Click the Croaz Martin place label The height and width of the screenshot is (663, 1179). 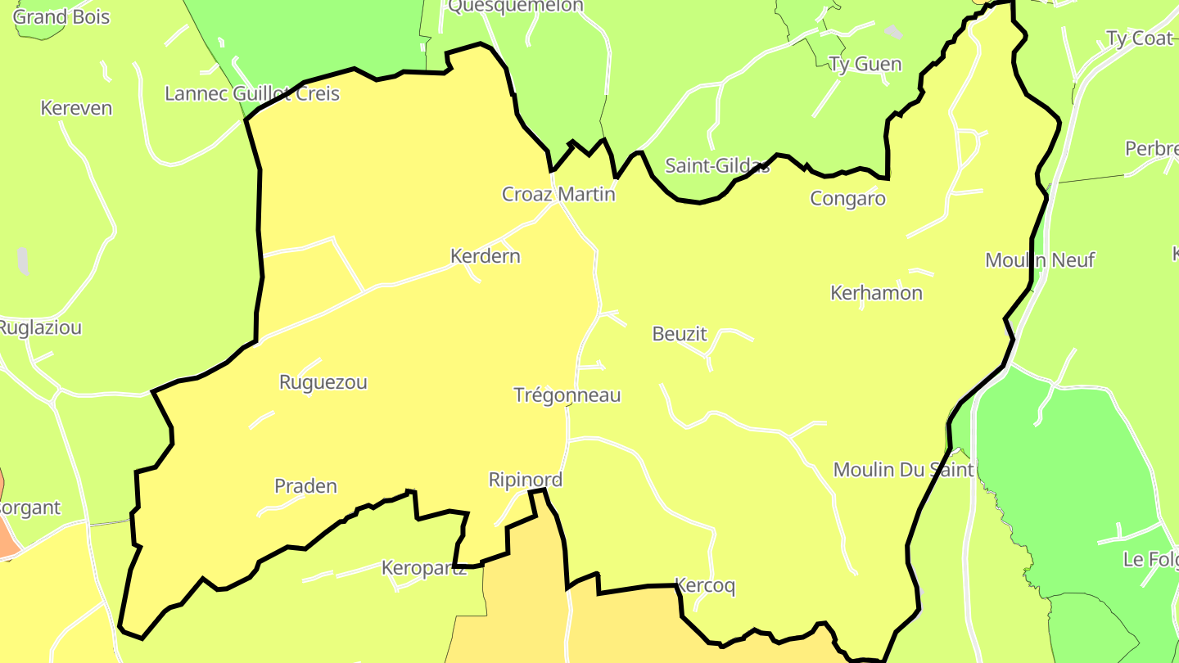point(558,194)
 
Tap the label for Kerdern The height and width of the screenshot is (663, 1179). point(486,256)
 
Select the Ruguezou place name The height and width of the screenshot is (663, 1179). point(323,382)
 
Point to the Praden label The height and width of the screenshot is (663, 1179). point(305,486)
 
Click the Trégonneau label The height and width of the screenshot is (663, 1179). point(567,395)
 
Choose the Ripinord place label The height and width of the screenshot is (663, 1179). point(526,480)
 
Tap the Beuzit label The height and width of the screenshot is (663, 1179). point(680,334)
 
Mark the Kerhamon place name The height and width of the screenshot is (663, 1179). point(876,293)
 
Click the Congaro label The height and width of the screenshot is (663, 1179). point(847,199)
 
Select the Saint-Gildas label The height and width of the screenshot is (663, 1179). point(717,166)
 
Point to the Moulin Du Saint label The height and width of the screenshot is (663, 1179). point(904,470)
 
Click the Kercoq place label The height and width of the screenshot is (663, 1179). point(705,586)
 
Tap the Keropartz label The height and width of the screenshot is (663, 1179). point(424,568)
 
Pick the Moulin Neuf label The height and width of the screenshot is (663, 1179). point(1040,260)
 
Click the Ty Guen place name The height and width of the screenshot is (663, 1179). point(865,65)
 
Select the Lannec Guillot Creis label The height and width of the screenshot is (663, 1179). point(252,93)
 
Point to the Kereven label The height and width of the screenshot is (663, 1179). point(76,108)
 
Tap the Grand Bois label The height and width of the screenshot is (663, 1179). point(61,17)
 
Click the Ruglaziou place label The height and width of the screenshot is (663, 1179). point(40,328)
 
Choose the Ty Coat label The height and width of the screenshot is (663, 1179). point(1140,38)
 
